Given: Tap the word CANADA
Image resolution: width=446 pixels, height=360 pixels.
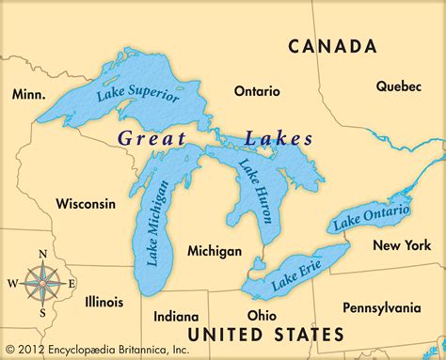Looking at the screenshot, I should (332, 46).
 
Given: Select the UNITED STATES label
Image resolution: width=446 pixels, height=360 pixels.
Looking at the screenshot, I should (265, 334).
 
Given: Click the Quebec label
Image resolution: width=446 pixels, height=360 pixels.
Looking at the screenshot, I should (399, 86).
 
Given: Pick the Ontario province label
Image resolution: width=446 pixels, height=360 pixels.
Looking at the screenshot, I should (257, 91).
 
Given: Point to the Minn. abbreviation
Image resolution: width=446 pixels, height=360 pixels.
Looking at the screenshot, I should (30, 94).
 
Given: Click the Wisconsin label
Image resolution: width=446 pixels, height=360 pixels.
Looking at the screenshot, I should (86, 203).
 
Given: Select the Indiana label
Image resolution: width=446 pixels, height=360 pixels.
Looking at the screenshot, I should (176, 316).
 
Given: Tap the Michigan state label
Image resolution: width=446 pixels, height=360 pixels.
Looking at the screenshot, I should (215, 251).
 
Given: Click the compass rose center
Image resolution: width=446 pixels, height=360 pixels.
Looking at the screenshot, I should (41, 281).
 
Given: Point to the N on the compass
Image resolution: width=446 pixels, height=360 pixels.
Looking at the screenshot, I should (41, 254).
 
